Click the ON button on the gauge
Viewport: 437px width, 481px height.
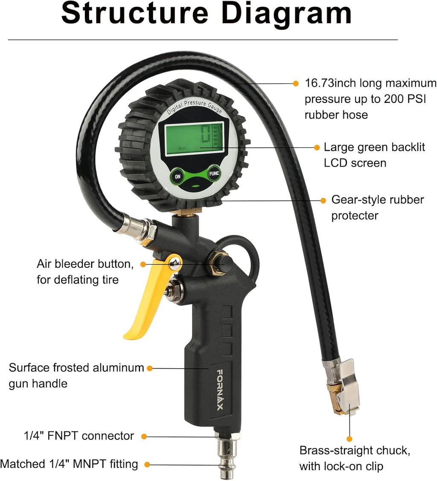coord(178,176)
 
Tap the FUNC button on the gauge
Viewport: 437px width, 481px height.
coord(214,173)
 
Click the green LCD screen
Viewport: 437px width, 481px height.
coord(194,138)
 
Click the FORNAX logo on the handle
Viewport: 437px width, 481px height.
coord(220,390)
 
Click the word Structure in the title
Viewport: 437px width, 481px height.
coord(135,14)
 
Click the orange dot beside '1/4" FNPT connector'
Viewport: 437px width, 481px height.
coord(144,436)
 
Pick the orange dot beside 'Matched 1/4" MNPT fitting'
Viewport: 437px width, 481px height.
coord(147,464)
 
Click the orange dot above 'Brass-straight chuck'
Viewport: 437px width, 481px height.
coord(350,439)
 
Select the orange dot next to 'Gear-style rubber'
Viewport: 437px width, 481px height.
coord(323,200)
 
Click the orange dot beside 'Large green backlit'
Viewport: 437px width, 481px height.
coord(317,147)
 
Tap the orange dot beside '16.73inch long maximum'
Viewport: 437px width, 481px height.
coord(296,83)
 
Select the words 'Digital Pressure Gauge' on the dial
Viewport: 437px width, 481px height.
coord(194,106)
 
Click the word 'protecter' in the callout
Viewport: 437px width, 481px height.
coord(355,216)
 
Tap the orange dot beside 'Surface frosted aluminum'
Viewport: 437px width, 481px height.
coord(149,368)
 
